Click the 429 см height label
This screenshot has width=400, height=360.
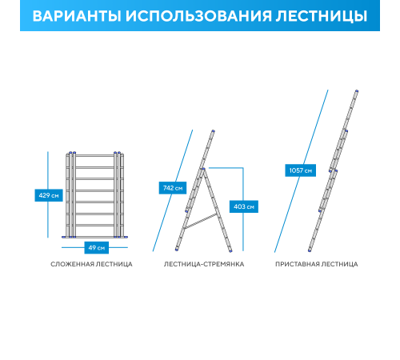pos(49,194)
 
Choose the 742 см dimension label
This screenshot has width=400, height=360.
pos(173,188)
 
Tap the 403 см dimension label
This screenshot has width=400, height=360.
pos(244,206)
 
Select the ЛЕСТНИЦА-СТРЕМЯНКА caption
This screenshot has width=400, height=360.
pos(204,263)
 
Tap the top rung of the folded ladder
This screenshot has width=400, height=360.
pos(95,158)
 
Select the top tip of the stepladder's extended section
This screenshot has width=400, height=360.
pos(213,131)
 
